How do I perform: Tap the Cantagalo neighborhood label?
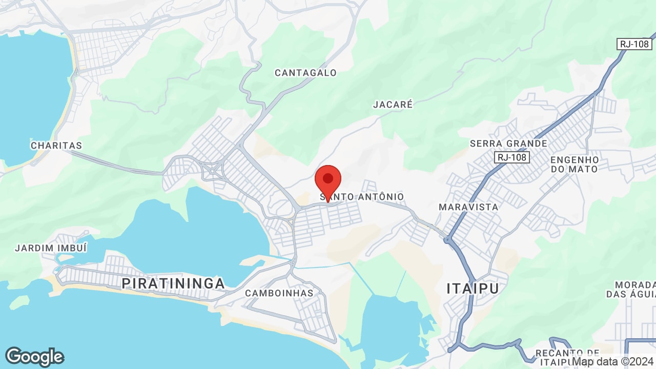(x=305, y=73)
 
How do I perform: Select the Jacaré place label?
(x=393, y=105)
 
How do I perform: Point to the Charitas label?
(x=56, y=146)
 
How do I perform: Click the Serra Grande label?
(x=508, y=143)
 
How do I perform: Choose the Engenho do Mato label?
(x=574, y=164)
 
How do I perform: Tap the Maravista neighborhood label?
(x=468, y=207)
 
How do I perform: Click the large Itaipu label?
(x=473, y=288)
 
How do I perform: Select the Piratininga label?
(x=173, y=283)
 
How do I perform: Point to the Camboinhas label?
(x=279, y=293)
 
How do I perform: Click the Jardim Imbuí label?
(x=51, y=248)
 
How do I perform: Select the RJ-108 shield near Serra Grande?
(x=511, y=157)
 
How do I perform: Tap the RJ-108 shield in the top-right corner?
(x=634, y=44)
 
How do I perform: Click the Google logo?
(x=34, y=356)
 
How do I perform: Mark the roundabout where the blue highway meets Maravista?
(x=448, y=239)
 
